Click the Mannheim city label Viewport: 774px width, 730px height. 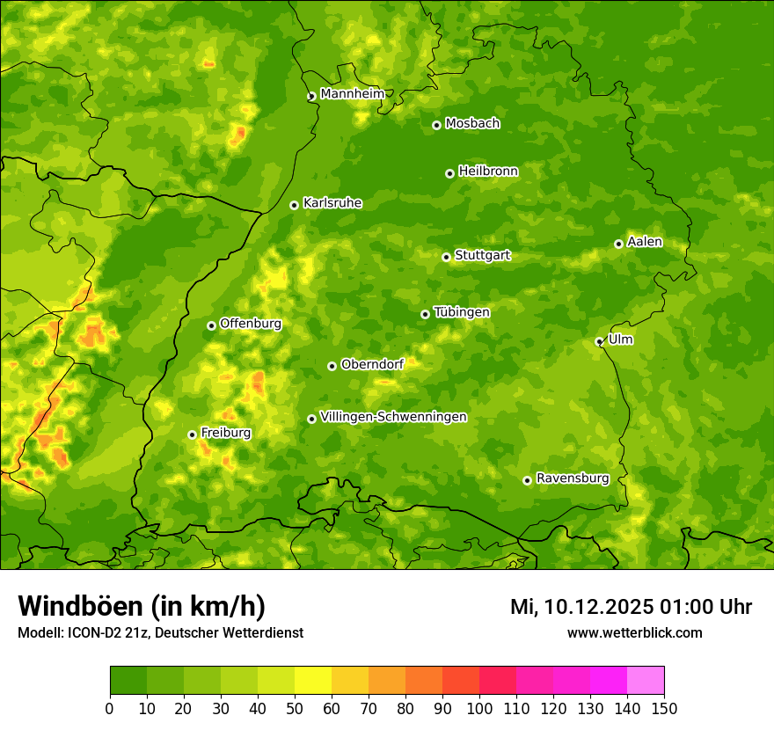tap(352, 94)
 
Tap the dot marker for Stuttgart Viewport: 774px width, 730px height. tap(446, 257)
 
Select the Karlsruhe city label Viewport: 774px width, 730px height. tap(332, 203)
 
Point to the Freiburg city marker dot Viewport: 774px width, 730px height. tap(192, 434)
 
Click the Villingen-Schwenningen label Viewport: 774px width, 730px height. tap(393, 417)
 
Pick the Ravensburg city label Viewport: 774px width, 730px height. tap(573, 478)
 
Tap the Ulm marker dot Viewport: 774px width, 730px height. tap(599, 341)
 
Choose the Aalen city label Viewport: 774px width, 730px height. tap(645, 242)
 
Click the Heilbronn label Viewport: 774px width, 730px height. tap(488, 172)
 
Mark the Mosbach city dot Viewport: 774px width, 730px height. tap(436, 125)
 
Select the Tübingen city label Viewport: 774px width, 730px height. tap(462, 312)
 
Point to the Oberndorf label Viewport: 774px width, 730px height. tap(372, 364)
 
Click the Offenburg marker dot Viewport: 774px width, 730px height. tap(211, 325)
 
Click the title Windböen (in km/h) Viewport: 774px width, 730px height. tap(142, 606)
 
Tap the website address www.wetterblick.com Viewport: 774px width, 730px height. tap(634, 632)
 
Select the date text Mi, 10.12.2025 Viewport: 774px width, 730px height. tap(580, 607)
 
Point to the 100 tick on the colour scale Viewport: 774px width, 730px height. tap(479, 708)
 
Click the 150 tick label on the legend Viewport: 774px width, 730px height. tap(664, 708)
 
